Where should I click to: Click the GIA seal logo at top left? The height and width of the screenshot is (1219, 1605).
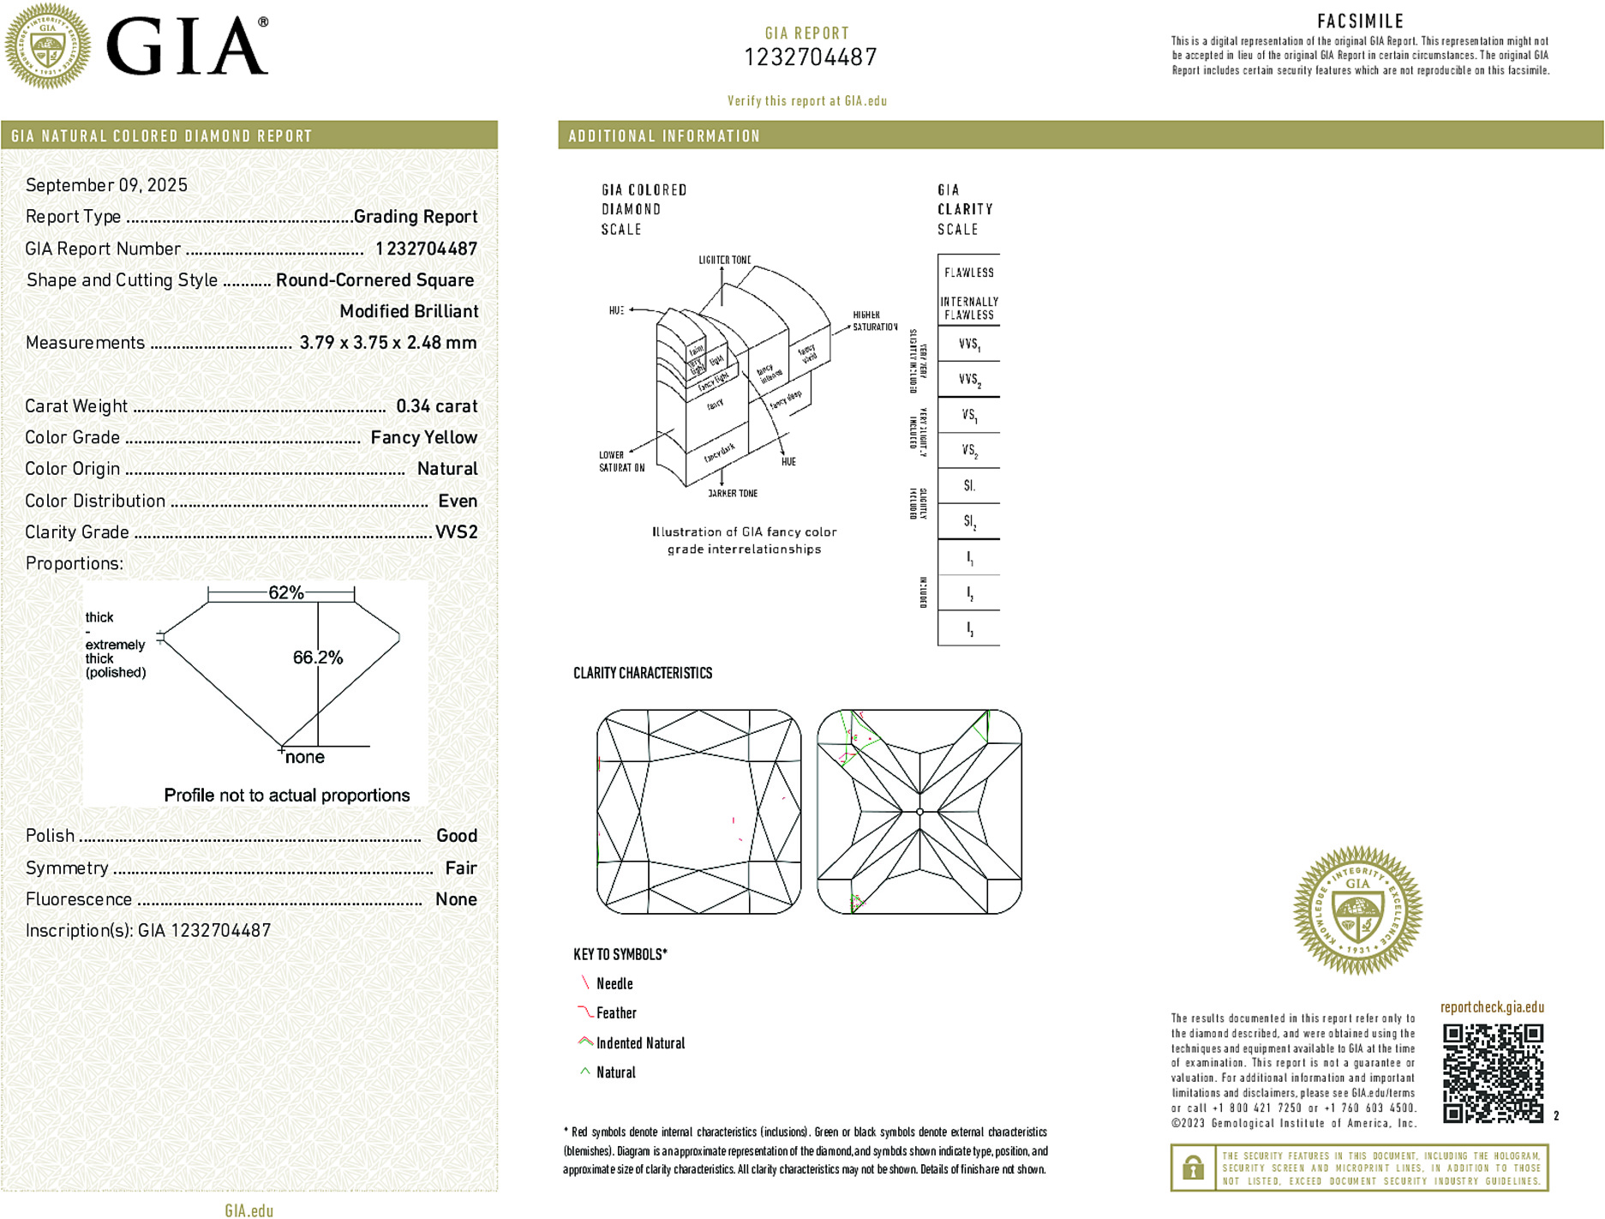pyautogui.click(x=47, y=45)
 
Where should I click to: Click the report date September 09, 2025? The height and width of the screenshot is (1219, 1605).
pyautogui.click(x=106, y=185)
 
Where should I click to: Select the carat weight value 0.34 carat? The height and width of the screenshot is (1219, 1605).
pyautogui.click(x=436, y=406)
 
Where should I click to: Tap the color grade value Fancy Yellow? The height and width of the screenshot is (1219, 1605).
pyautogui.click(x=423, y=437)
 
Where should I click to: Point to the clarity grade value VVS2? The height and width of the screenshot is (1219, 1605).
pyautogui.click(x=456, y=532)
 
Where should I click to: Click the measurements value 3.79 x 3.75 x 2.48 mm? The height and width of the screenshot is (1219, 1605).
pyautogui.click(x=387, y=343)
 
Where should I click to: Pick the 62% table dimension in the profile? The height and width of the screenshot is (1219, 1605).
pyautogui.click(x=285, y=592)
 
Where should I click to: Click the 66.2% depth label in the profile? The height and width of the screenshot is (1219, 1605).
pyautogui.click(x=317, y=658)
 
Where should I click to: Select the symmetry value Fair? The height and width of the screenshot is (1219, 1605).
pyautogui.click(x=460, y=868)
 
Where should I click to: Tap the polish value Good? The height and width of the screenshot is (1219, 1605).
pyautogui.click(x=456, y=836)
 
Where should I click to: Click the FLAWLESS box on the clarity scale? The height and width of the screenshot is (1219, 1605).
pyautogui.click(x=968, y=273)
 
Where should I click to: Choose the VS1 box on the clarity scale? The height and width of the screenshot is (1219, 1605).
pyautogui.click(x=968, y=416)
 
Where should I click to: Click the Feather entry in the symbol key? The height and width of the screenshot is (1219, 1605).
pyautogui.click(x=616, y=1013)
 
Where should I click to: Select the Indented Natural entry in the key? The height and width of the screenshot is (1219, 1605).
pyautogui.click(x=640, y=1043)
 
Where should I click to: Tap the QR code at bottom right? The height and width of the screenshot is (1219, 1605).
pyautogui.click(x=1492, y=1072)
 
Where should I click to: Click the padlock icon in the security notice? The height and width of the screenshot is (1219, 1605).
pyautogui.click(x=1192, y=1168)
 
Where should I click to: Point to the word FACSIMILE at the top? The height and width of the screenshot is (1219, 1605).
pyautogui.click(x=1360, y=21)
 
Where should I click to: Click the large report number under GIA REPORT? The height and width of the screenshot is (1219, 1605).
pyautogui.click(x=810, y=57)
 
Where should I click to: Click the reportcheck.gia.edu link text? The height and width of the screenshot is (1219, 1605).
pyautogui.click(x=1492, y=1007)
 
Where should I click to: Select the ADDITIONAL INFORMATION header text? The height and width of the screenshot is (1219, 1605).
pyautogui.click(x=664, y=136)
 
